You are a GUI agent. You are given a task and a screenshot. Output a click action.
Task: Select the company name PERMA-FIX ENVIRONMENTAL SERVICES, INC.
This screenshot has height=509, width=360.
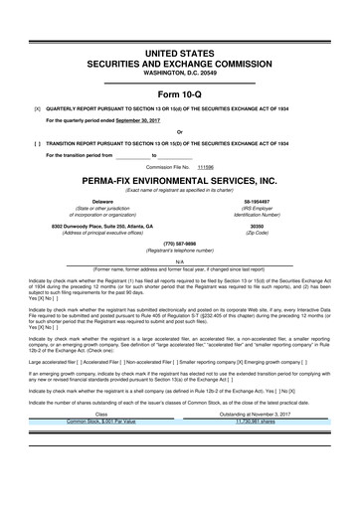[180, 183]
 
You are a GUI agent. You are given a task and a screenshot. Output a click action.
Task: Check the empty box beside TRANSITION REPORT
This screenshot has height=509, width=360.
[37, 143]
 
